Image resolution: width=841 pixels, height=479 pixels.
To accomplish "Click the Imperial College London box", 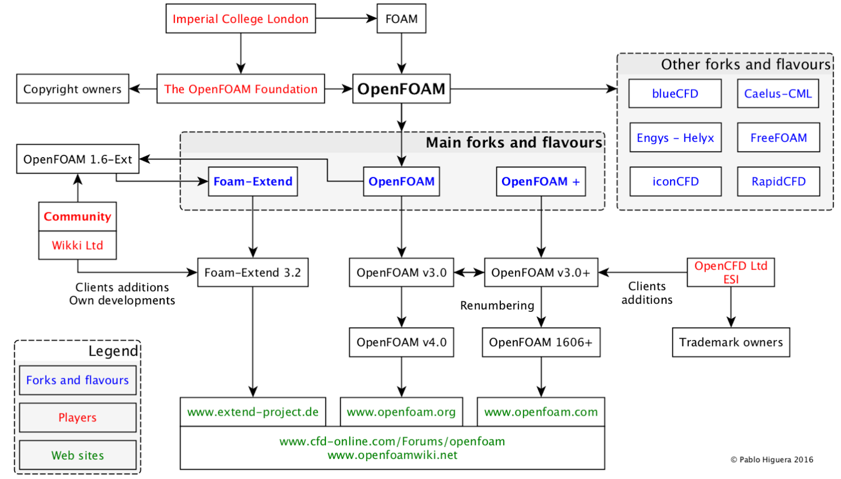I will pos(241,19).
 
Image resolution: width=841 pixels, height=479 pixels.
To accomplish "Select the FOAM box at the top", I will pos(401,19).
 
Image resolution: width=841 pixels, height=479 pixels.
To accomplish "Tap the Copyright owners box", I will pos(73,89).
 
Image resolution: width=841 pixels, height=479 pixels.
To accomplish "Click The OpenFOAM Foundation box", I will pos(241,89).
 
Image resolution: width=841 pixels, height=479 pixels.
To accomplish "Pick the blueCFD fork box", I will pos(675,94).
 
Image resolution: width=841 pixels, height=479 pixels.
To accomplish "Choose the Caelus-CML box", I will pos(778,94).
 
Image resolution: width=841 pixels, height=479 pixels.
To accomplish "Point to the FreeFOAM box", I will pos(778,138).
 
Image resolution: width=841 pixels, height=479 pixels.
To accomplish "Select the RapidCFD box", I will pos(778,181).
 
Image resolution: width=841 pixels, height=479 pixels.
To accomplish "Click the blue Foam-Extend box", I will pos(253,181).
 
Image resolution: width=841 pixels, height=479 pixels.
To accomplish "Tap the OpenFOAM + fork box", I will pos(541,181).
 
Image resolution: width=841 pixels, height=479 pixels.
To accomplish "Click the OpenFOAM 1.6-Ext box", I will pos(78,159).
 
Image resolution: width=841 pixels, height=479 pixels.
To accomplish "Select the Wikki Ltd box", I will pos(77,245).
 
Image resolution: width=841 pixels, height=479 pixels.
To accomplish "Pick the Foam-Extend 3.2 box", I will pos(253,272).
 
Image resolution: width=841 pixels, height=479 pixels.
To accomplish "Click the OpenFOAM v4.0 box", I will pos(402,342).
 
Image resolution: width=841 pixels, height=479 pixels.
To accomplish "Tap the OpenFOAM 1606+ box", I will pos(541,342).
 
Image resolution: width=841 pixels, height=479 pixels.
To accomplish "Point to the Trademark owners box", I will pos(731,342).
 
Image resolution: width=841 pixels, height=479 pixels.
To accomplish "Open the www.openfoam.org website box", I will pos(402,412).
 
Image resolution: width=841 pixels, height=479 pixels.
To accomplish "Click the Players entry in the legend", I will pos(77,417).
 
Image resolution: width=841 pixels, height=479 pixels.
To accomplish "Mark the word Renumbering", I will pos(497,305).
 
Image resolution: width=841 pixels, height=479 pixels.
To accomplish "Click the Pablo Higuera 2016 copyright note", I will pos(772,460).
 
